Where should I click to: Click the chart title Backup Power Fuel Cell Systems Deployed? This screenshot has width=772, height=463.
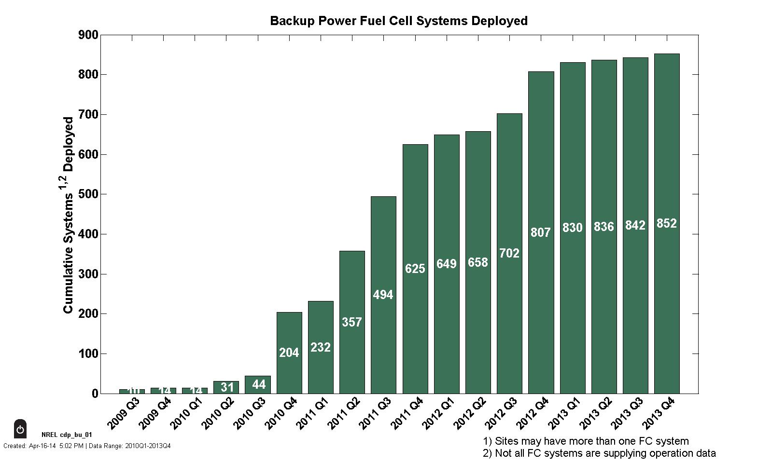click(398, 21)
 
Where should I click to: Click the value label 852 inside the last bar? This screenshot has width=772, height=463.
click(667, 224)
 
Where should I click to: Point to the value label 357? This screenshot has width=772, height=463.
click(351, 322)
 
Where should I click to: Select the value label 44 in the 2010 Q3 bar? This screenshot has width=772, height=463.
click(258, 385)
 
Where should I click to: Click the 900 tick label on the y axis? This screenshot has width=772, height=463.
click(88, 35)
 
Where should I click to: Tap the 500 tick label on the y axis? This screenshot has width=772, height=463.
click(88, 194)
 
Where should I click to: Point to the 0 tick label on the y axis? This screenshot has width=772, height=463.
click(95, 394)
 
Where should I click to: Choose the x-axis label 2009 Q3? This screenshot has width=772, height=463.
click(124, 413)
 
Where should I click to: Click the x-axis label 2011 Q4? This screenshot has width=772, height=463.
click(407, 413)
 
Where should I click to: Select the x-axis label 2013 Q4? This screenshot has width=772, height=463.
click(659, 413)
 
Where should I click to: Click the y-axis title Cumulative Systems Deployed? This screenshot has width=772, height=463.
click(69, 215)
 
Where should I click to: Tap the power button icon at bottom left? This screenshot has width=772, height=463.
click(20, 429)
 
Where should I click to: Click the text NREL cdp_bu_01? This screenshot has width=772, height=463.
click(67, 435)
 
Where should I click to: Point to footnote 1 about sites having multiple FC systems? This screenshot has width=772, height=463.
click(586, 441)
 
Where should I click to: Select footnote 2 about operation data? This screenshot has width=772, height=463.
click(599, 453)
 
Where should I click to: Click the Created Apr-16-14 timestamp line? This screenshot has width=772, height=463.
click(87, 446)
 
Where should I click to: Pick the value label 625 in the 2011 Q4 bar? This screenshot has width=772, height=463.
click(415, 269)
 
